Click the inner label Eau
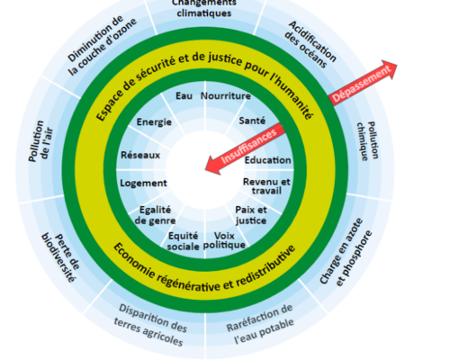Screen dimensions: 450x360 tap(184, 96)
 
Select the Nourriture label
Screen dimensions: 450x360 tap(226, 96)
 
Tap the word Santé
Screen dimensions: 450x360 tap(252, 121)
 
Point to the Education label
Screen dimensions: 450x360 tap(267, 160)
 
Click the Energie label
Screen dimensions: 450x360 tap(154, 122)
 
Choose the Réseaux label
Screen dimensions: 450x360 tap(140, 155)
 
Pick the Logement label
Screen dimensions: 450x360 tap(143, 184)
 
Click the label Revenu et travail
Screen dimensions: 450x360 tap(266, 186)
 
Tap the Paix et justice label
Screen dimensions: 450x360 tap(251, 215)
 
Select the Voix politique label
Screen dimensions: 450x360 tap(224, 240)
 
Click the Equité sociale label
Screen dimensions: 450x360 tap(183, 241)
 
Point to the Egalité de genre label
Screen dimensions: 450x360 tap(155, 215)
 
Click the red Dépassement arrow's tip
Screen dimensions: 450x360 tap(397, 64)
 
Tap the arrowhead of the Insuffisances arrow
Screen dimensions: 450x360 tap(206, 170)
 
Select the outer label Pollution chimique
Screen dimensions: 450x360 tap(367, 141)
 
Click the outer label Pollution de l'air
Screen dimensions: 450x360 tap(40, 141)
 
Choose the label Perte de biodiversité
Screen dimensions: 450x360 tap(60, 258)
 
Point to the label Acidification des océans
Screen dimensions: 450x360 tap(310, 44)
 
